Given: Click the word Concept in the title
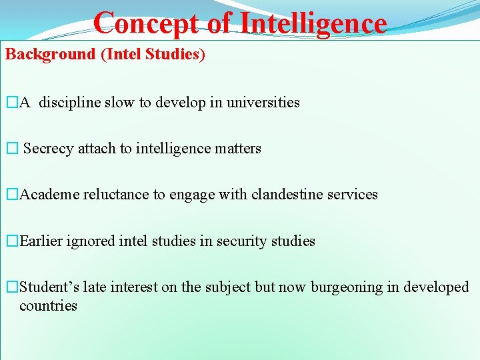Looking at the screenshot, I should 145,23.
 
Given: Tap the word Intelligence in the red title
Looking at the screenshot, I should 313,23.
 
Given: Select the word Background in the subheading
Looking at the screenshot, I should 51,55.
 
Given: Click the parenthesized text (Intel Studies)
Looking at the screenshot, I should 153,55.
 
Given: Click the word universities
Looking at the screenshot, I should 263,103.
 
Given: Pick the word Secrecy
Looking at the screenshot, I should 49,149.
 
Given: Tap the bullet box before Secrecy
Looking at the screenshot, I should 11,149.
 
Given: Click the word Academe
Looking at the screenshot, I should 50,195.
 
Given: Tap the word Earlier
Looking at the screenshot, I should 41,241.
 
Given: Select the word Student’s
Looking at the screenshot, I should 49,287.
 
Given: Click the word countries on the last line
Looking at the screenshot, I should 48,306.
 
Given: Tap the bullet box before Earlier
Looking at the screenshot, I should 11,241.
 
